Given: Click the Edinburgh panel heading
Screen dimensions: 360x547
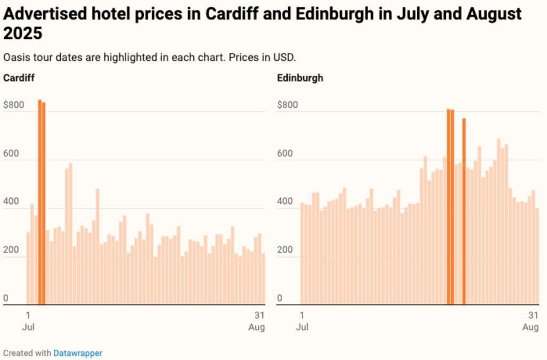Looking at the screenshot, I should pyautogui.click(x=300, y=78).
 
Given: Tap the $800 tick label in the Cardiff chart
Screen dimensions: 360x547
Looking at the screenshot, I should pyautogui.click(x=13, y=105).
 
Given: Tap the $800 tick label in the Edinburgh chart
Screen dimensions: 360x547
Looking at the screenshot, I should pyautogui.click(x=287, y=105).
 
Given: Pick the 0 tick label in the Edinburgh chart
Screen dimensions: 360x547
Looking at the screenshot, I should pyautogui.click(x=280, y=298).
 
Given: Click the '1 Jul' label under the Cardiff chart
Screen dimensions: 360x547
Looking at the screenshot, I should pyautogui.click(x=28, y=320).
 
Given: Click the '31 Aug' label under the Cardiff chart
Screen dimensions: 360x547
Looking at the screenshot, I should pyautogui.click(x=257, y=320).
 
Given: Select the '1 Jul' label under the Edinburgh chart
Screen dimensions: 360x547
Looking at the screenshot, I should pyautogui.click(x=302, y=320).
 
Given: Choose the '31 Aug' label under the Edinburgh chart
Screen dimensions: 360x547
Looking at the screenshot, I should pyautogui.click(x=531, y=320).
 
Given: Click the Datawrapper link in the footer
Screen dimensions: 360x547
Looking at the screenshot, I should pyautogui.click(x=77, y=353).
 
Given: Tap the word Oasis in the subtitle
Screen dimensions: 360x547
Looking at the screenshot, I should pyautogui.click(x=15, y=57).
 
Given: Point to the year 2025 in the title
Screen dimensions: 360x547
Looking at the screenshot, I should pyautogui.click(x=22, y=34).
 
